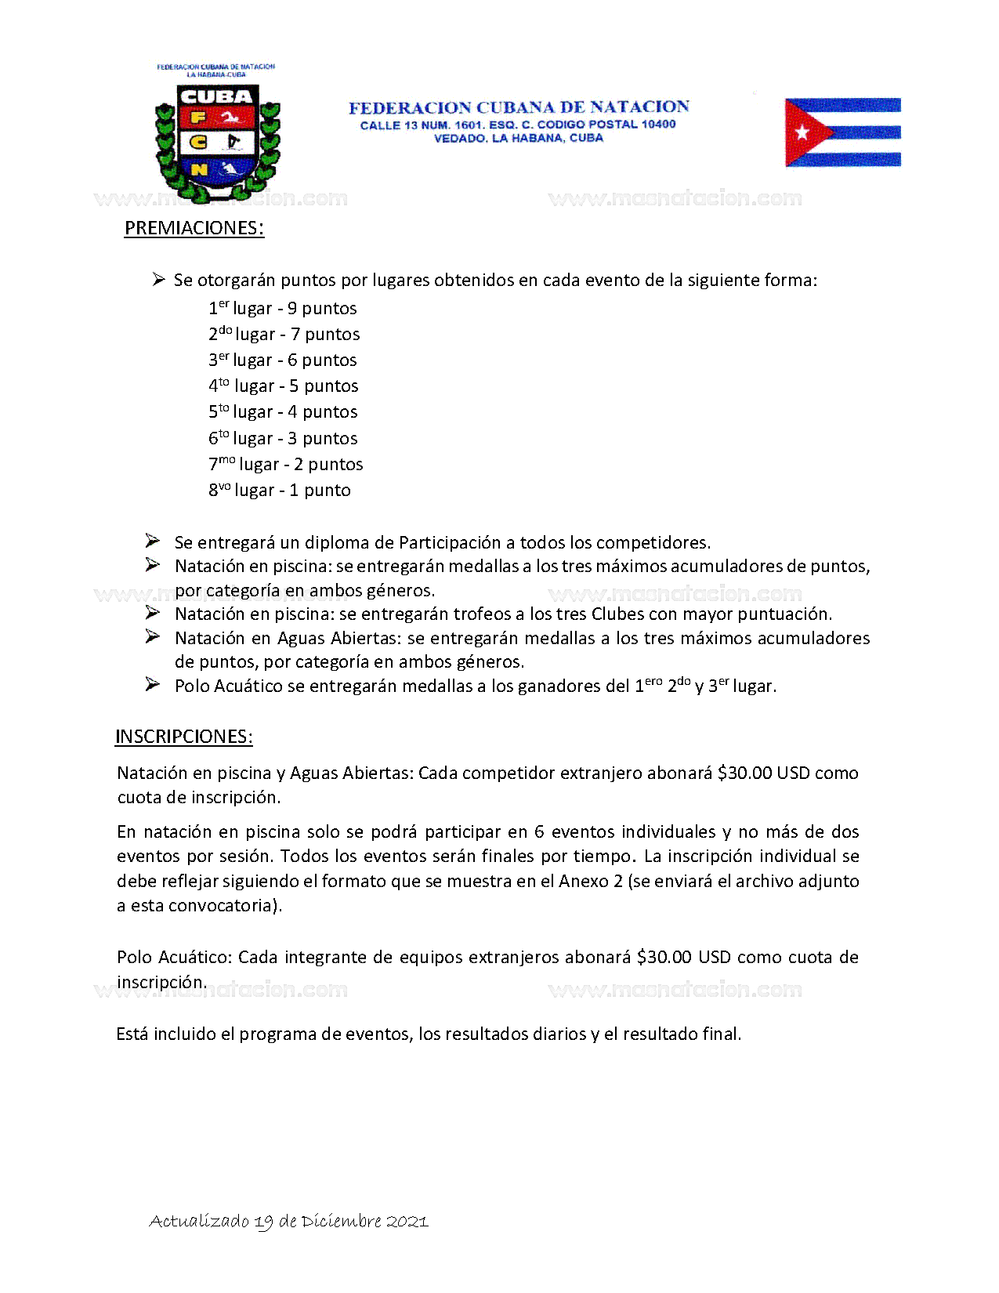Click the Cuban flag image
[842, 132]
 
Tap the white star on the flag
[802, 132]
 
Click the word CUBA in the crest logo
[216, 96]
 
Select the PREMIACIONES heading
[194, 228]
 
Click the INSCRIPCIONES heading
[183, 737]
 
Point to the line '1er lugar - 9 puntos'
[283, 308]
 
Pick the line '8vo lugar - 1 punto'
[280, 491]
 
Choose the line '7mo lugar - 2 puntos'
[286, 464]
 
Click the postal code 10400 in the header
[658, 125]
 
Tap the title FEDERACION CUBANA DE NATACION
[519, 107]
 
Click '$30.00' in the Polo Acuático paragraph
[664, 957]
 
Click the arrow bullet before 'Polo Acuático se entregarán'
[153, 685]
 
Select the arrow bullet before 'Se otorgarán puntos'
[158, 280]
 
